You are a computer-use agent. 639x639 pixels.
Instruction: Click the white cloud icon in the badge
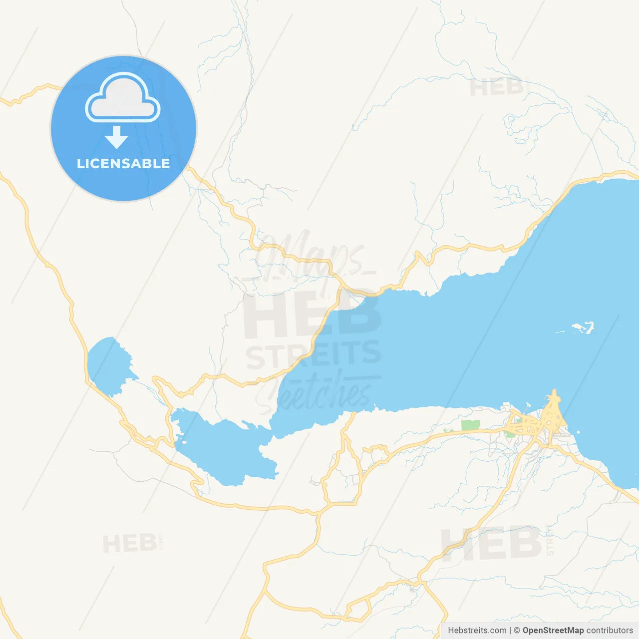[123, 98]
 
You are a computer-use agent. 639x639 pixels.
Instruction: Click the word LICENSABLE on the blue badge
[123, 163]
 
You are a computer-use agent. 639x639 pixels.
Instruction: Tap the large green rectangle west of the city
[470, 425]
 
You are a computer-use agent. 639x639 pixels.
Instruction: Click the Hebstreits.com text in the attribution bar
[477, 631]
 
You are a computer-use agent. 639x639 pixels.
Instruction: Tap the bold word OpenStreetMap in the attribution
[553, 631]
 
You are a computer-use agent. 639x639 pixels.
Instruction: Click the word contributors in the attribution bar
[610, 631]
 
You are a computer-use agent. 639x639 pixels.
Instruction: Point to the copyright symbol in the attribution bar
[517, 631]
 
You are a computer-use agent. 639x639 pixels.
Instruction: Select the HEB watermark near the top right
[496, 87]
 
